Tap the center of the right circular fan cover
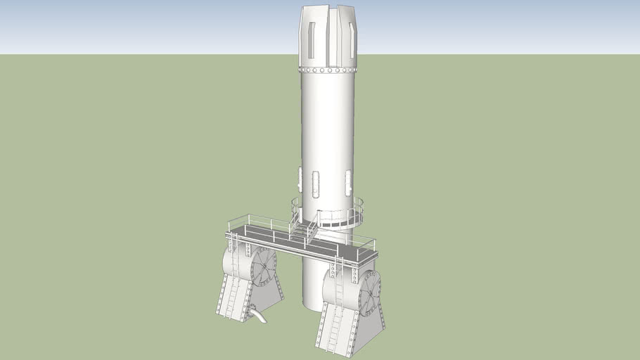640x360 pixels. [x=371, y=292]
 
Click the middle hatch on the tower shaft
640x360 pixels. [x=316, y=184]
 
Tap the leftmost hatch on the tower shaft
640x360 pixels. [x=300, y=179]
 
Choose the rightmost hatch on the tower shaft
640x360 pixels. [x=347, y=183]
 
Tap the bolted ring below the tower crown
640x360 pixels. [x=328, y=70]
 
